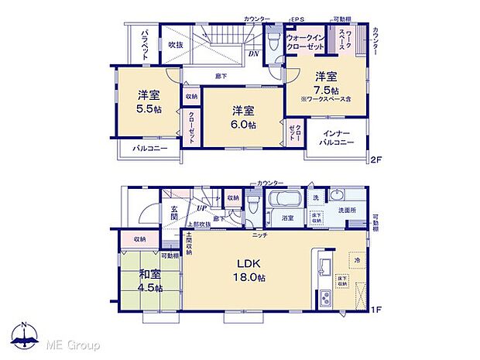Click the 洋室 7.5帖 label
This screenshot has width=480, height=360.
tap(325, 82)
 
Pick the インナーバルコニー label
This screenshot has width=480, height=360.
tap(337, 138)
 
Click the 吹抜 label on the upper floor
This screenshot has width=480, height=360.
tap(177, 45)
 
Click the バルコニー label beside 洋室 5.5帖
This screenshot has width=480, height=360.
tap(149, 148)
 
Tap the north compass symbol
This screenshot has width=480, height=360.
tap(25, 336)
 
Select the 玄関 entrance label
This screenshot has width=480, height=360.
tap(174, 212)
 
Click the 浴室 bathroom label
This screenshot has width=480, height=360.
tap(287, 219)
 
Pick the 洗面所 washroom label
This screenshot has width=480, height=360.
tap(346, 211)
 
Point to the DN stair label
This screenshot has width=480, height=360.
tap(254, 54)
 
